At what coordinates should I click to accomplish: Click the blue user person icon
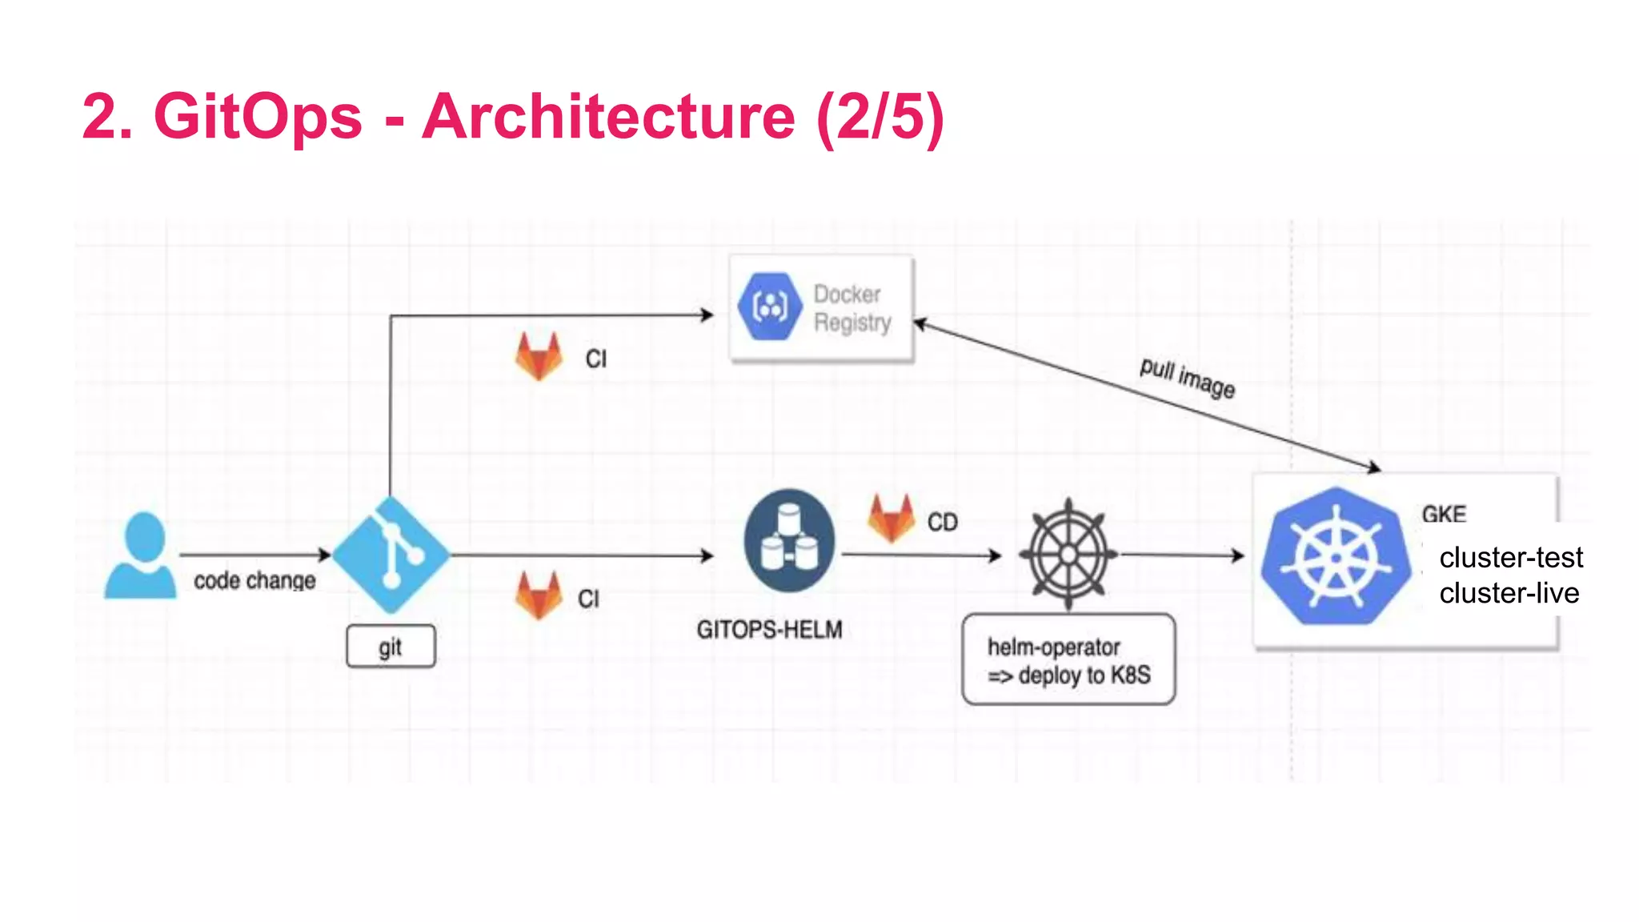coord(141,556)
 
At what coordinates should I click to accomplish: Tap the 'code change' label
coord(254,580)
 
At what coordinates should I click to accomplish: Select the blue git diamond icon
coord(391,555)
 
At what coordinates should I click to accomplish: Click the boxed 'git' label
coord(391,646)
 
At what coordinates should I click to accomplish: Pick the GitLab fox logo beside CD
coord(891,519)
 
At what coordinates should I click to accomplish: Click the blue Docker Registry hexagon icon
coord(770,307)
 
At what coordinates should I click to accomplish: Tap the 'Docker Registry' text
coord(852,308)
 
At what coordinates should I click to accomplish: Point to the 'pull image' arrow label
coord(1187,378)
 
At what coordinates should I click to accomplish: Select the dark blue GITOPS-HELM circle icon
coord(789,540)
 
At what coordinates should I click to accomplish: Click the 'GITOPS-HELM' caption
coord(769,630)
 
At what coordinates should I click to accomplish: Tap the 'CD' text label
coord(942,523)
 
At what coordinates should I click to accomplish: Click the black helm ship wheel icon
coord(1068,554)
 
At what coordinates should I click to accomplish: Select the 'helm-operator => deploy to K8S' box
coord(1068,659)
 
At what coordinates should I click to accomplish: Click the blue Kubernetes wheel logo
coord(1336,556)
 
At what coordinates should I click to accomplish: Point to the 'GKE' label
coord(1444,514)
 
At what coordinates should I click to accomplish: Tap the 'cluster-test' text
coord(1510,557)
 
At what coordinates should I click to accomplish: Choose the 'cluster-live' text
coord(1509,593)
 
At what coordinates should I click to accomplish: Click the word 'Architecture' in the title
coord(608,117)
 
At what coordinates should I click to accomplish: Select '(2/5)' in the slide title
coord(880,117)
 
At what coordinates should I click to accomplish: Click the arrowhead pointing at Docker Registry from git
coord(707,315)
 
